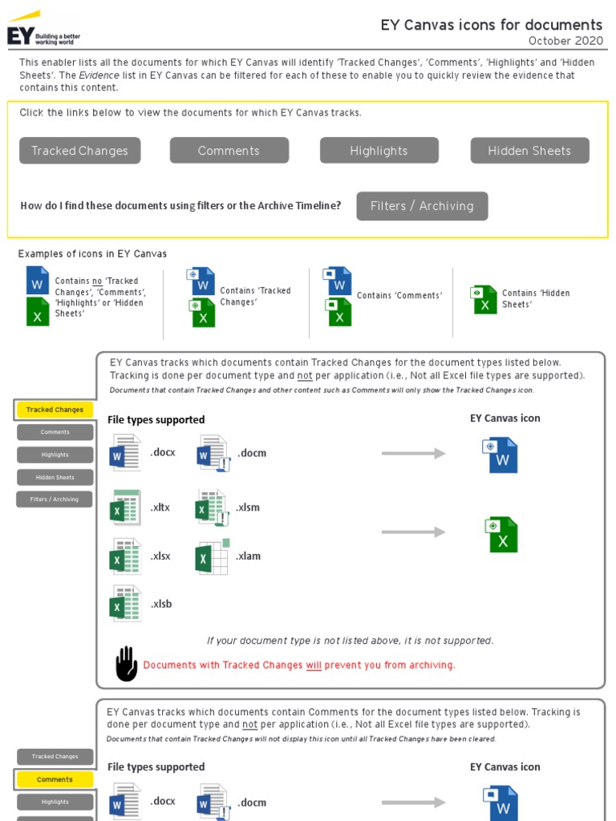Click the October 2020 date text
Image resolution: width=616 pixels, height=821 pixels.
pos(565,42)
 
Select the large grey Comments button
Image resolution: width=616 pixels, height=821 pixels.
pos(229,151)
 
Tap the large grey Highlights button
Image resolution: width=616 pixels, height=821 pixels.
pos(379,151)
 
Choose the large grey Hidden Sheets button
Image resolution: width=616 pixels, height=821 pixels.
pos(529,151)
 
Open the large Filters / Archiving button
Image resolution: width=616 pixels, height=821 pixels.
pos(422,206)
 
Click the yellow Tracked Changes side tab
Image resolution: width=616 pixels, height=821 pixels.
pos(55,410)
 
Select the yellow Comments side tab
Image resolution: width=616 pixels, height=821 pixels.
pos(55,779)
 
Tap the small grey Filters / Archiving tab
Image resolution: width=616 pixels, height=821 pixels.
pos(55,499)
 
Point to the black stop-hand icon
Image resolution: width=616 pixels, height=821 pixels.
pos(126,664)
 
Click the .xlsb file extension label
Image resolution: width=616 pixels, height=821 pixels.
pos(160,605)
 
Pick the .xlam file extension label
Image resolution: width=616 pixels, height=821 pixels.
pos(249,556)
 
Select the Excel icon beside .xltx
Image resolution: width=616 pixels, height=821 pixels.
pos(125,508)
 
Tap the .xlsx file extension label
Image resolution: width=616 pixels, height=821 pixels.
pos(160,556)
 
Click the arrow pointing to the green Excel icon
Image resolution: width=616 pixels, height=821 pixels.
pos(413,532)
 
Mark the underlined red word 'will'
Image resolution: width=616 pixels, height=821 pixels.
pos(314,665)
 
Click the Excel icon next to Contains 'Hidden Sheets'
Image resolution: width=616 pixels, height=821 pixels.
pos(484,299)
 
